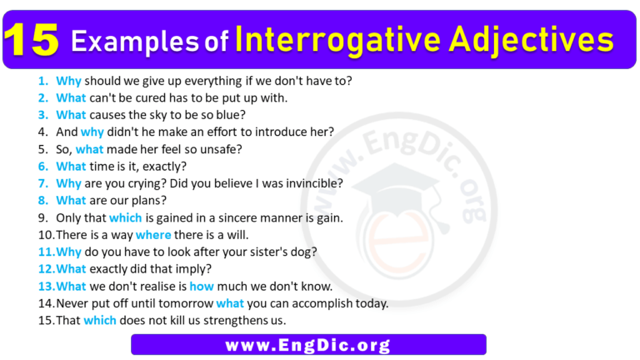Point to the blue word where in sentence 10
point(152,236)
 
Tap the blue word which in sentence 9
point(126,218)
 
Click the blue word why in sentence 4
point(91,132)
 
